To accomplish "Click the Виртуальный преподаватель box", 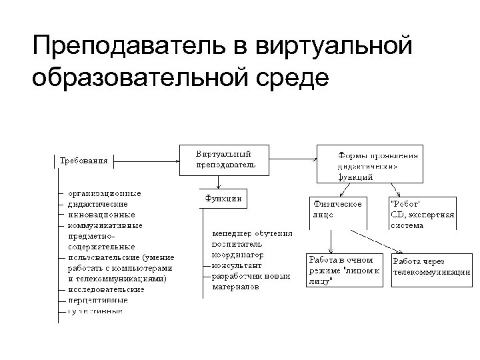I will coord(224,159).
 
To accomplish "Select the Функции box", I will coord(222,198).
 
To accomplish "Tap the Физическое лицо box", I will coord(337,210).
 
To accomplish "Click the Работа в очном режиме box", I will coord(345,269).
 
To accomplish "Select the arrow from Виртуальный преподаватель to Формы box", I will coord(293,159).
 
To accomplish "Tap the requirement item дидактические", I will coord(97,204).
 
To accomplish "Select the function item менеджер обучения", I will coord(252,234).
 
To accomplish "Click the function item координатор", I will coord(237,255).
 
